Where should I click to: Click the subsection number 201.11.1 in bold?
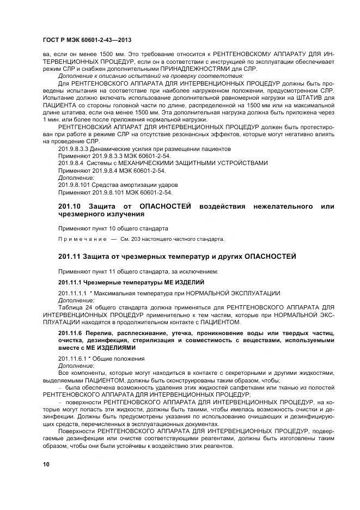(70, 282)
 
